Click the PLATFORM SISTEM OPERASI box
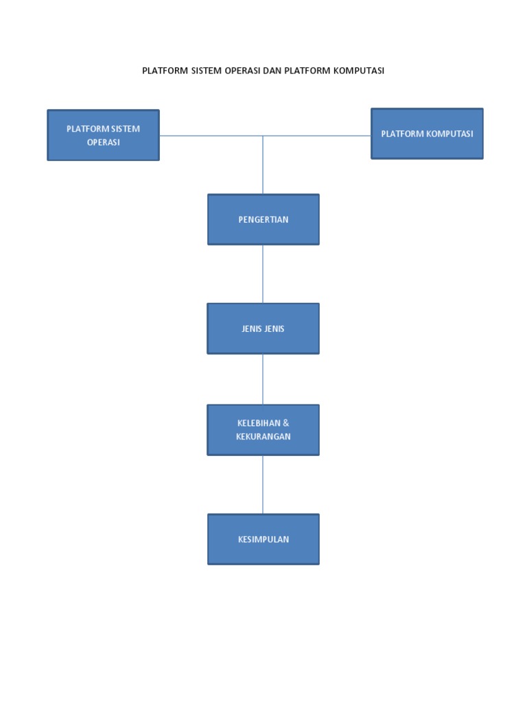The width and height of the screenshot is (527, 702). coord(103,135)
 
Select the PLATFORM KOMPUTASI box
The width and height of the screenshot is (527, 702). coord(427,134)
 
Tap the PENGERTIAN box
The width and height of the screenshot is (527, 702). coord(263,219)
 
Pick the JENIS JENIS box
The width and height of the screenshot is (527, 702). coord(263,328)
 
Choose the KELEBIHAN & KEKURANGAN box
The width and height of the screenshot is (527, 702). coord(263,430)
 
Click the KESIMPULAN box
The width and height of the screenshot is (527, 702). coord(263,539)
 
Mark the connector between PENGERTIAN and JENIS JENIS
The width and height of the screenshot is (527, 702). coord(263,274)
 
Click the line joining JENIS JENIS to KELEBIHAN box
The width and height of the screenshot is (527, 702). coord(263,379)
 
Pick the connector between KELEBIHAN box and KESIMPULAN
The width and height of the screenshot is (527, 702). coord(263,484)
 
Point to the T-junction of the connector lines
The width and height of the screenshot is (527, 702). coord(263,136)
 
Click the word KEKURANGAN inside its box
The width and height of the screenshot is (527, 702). coord(263,437)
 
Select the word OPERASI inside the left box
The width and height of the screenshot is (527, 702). coord(103,143)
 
